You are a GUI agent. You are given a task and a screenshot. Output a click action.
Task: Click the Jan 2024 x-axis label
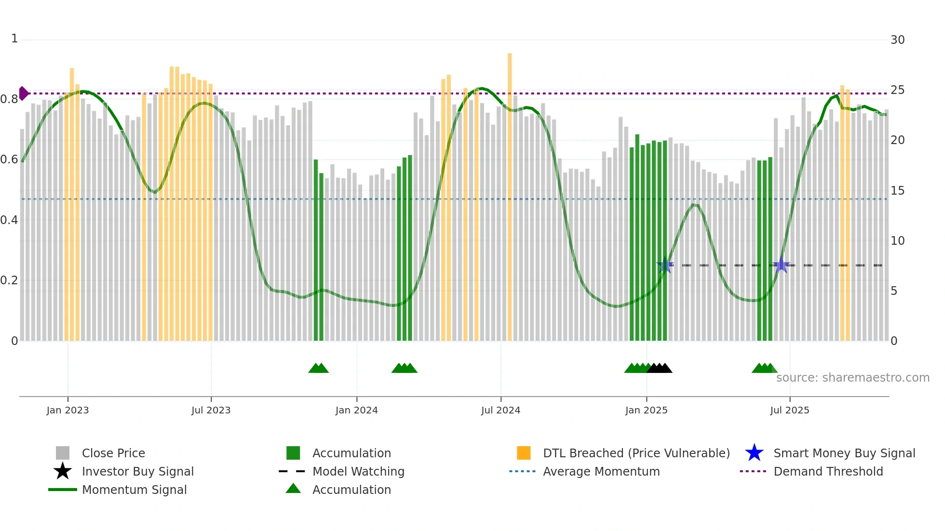pyautogui.click(x=356, y=410)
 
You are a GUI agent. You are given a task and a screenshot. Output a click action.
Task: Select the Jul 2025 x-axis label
pyautogui.click(x=789, y=410)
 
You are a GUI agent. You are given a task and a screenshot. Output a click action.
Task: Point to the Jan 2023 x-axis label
pyautogui.click(x=67, y=410)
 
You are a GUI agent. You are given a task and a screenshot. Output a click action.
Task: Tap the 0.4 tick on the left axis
pyautogui.click(x=9, y=220)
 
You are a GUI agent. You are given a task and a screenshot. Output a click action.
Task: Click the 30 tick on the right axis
pyautogui.click(x=897, y=40)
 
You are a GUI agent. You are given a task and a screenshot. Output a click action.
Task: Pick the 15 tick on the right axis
pyautogui.click(x=897, y=191)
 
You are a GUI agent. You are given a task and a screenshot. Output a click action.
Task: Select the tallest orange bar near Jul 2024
pyautogui.click(x=510, y=193)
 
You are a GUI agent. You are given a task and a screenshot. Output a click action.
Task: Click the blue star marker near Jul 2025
pyautogui.click(x=781, y=265)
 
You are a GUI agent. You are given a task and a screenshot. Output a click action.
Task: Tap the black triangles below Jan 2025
pyautogui.click(x=659, y=368)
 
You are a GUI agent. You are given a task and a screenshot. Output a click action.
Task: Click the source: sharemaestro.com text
pyautogui.click(x=852, y=378)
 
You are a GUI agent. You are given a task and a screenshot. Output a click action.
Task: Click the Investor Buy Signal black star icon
pyautogui.click(x=63, y=471)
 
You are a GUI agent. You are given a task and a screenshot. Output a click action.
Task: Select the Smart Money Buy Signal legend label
pyautogui.click(x=844, y=453)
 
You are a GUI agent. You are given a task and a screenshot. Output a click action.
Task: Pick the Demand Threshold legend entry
pyautogui.click(x=828, y=471)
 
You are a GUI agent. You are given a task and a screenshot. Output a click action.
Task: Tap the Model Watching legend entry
pyautogui.click(x=358, y=471)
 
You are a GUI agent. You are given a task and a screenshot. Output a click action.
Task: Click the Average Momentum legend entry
pyautogui.click(x=601, y=471)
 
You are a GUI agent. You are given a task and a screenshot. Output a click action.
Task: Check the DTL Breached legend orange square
pyautogui.click(x=524, y=453)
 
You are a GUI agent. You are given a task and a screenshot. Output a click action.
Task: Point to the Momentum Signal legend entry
pyautogui.click(x=134, y=490)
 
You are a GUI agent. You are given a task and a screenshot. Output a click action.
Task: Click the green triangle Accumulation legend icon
pyautogui.click(x=293, y=489)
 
